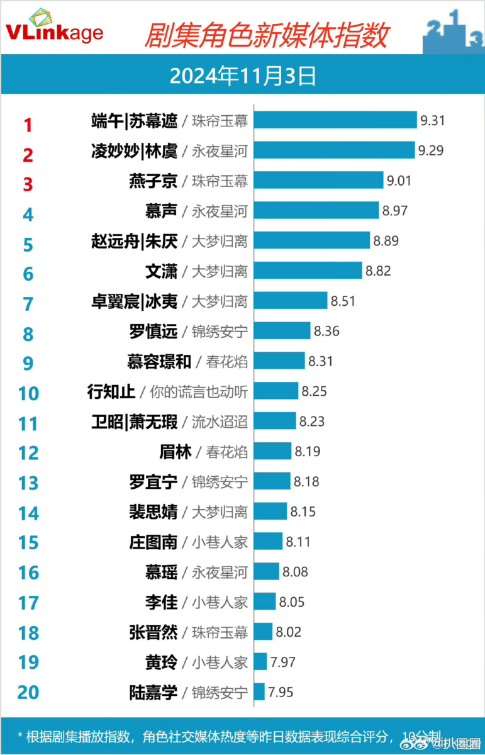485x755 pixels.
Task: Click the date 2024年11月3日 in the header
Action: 242,77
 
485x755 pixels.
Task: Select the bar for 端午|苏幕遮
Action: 335,120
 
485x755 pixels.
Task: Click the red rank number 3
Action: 28,184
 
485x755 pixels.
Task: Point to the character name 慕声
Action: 160,211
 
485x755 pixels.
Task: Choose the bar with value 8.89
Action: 312,240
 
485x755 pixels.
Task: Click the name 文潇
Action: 160,271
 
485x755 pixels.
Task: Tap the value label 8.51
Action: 343,301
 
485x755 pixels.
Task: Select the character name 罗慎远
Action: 153,331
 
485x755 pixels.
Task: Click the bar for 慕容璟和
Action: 279,361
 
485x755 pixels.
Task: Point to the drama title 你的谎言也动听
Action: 198,391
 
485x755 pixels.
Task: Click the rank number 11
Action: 28,423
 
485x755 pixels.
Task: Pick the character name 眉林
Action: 176,451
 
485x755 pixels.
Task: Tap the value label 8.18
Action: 306,482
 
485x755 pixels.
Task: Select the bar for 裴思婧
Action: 270,512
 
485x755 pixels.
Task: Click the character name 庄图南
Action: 153,542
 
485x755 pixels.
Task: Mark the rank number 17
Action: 28,603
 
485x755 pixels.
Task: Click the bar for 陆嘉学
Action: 259,693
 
